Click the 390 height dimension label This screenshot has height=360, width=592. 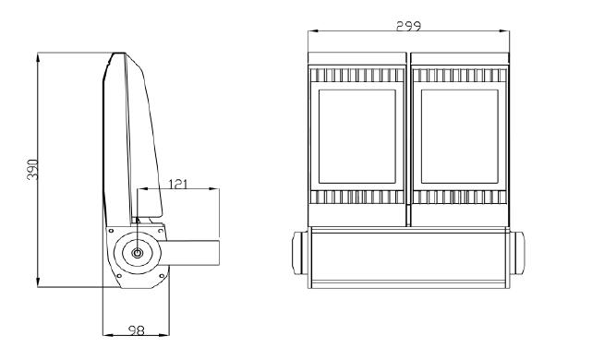(33, 169)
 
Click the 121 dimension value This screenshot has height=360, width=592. (177, 184)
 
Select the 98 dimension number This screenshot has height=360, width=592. (137, 330)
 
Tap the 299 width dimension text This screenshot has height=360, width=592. (408, 26)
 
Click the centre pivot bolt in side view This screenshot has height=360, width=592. (138, 253)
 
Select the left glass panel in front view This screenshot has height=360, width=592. (356, 137)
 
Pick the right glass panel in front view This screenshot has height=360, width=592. (460, 137)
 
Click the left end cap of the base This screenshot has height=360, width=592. (300, 253)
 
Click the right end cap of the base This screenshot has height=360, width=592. (517, 253)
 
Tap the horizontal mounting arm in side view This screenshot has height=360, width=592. (190, 252)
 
